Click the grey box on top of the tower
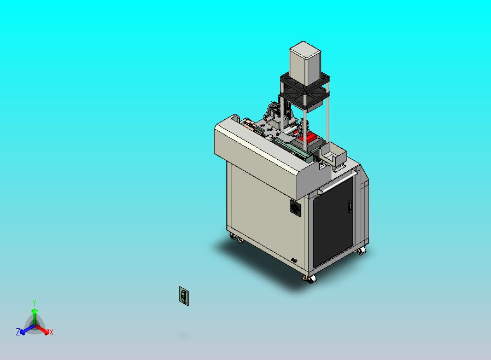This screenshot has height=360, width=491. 305,64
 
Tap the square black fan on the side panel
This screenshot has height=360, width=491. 295,207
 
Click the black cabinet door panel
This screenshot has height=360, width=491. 334,222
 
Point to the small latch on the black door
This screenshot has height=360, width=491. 350,207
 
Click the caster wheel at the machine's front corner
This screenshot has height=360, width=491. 310,279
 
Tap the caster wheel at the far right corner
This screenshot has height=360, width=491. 361,251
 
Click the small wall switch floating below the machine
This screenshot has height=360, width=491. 184,296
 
